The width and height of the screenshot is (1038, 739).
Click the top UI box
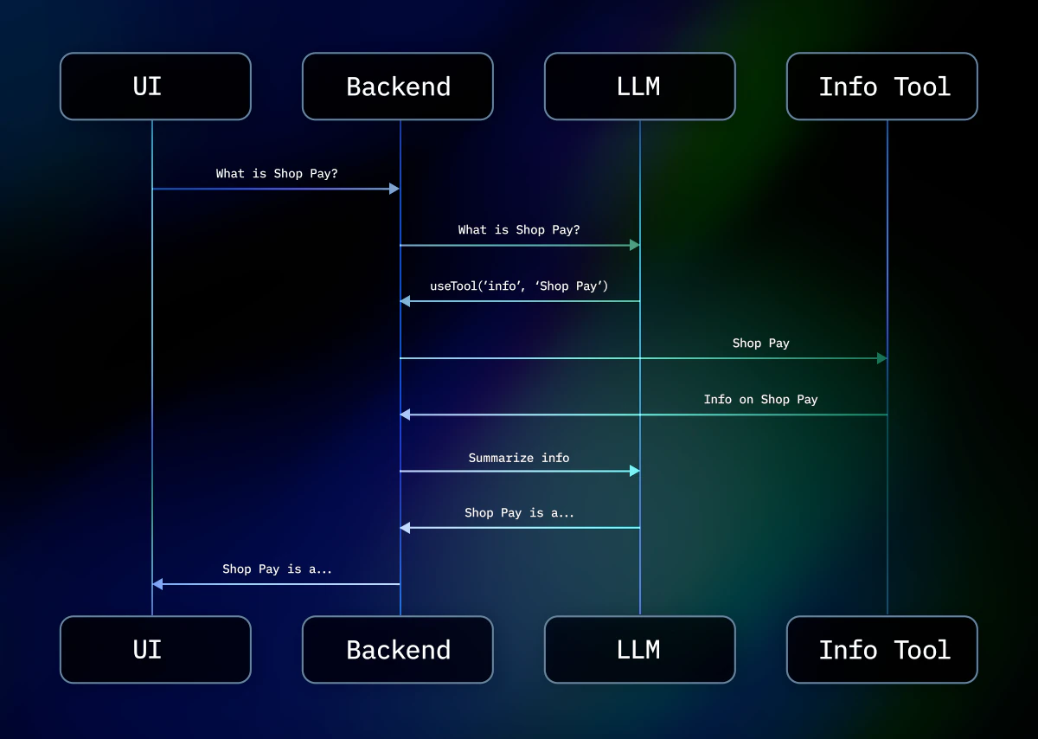click(156, 87)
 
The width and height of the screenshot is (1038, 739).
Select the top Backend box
click(398, 87)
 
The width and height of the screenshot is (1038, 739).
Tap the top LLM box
click(640, 87)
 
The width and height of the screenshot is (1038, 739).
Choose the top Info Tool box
click(882, 87)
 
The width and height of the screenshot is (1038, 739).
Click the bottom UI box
click(156, 650)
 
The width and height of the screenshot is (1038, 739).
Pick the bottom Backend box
click(398, 650)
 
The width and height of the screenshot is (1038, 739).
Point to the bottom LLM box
click(640, 650)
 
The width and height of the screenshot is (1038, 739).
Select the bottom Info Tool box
click(882, 650)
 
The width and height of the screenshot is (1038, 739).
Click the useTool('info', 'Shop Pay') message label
click(519, 286)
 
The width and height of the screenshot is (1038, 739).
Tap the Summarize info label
click(519, 458)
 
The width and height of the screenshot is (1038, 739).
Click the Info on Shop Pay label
click(761, 400)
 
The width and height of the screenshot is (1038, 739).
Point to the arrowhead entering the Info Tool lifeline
click(881, 358)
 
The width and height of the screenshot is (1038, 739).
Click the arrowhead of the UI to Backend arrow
click(394, 189)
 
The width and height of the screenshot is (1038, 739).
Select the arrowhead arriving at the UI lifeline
click(157, 584)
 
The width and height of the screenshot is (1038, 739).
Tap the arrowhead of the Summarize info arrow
click(635, 471)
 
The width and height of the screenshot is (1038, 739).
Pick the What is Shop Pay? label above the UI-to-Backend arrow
click(277, 174)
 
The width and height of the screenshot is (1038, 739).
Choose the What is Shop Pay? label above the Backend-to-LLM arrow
click(519, 230)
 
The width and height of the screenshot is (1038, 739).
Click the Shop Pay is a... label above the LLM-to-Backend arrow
click(519, 513)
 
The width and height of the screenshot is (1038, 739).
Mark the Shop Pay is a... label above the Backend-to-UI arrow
click(277, 569)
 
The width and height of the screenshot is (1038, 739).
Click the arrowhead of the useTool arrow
click(405, 301)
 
